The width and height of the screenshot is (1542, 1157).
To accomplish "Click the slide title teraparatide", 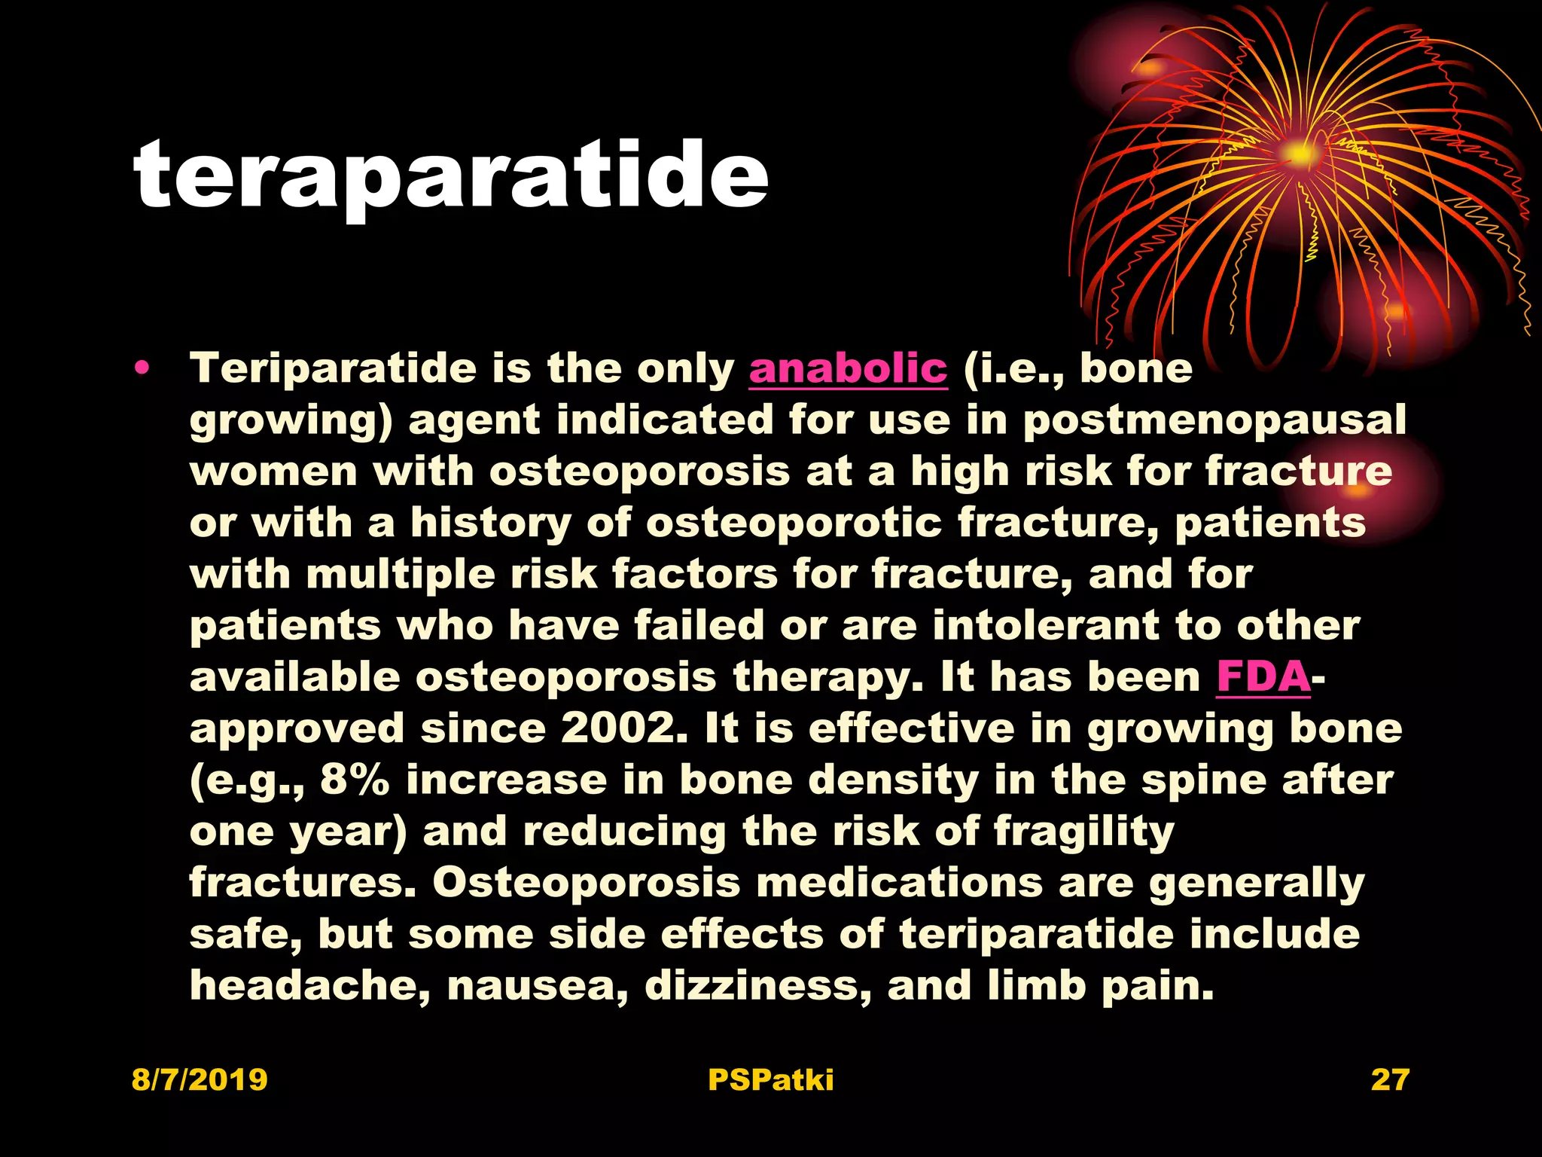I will coord(450,176).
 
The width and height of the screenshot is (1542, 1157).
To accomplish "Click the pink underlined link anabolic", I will coord(848,369).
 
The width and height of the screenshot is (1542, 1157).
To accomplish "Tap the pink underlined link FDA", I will coord(1263,676).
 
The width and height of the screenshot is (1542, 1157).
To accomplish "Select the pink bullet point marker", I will coord(142,369).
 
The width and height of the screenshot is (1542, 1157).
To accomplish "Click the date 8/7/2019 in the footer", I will coord(200,1079).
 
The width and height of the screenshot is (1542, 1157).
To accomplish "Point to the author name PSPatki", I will coord(770,1079).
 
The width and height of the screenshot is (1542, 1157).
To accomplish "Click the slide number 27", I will coord(1389,1079).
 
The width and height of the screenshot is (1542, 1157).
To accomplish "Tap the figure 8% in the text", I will coord(355,780).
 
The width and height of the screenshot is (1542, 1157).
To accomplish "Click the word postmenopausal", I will coord(1214,420).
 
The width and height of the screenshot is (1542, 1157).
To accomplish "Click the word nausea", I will coord(538,985).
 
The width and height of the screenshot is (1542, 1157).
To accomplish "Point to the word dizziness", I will coord(757,985).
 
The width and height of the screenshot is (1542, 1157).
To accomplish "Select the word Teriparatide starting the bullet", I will coord(333,369).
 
